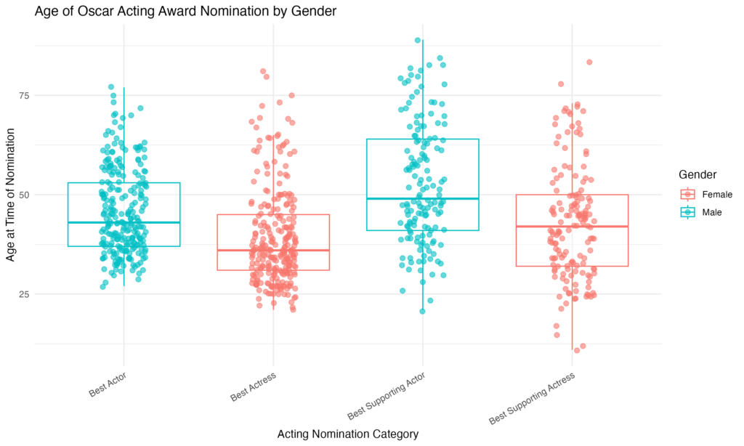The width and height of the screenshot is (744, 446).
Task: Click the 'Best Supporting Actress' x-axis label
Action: [532, 399]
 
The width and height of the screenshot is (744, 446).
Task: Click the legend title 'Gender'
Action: [700, 175]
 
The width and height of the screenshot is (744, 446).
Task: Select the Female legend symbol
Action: [687, 194]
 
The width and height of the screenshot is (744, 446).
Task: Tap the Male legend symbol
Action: [687, 211]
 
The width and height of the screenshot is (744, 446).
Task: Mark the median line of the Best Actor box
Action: [124, 222]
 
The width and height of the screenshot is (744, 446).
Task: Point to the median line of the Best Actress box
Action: [273, 250]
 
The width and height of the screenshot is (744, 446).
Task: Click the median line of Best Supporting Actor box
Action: [423, 198]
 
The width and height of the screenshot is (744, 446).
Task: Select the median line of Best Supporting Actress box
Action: [573, 226]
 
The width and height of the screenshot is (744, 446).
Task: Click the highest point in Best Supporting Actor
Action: [418, 41]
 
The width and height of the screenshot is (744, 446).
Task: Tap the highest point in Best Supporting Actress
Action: [589, 62]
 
